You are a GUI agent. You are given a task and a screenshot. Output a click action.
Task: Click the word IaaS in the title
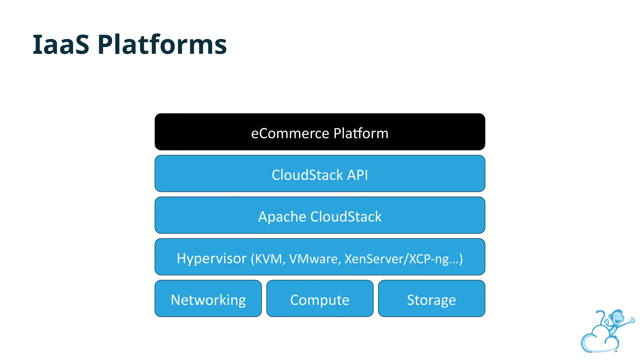pyautogui.click(x=61, y=45)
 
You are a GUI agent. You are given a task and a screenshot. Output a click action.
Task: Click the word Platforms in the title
pyautogui.click(x=162, y=45)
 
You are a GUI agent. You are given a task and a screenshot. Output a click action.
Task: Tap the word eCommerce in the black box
pyautogui.click(x=290, y=133)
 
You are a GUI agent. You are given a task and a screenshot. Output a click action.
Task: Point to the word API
pyautogui.click(x=357, y=175)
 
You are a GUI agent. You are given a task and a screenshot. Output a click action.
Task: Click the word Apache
pyautogui.click(x=282, y=217)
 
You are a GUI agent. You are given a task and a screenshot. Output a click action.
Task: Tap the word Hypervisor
pyautogui.click(x=212, y=259)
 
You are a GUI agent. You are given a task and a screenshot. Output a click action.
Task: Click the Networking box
pyautogui.click(x=208, y=298)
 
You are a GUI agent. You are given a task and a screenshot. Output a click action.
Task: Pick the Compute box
pyautogui.click(x=320, y=298)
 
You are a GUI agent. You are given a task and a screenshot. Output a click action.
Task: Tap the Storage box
pyautogui.click(x=431, y=298)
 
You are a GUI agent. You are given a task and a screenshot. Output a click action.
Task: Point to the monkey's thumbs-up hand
pyautogui.click(x=632, y=320)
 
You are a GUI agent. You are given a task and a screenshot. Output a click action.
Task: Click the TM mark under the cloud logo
pyautogui.click(x=616, y=351)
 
